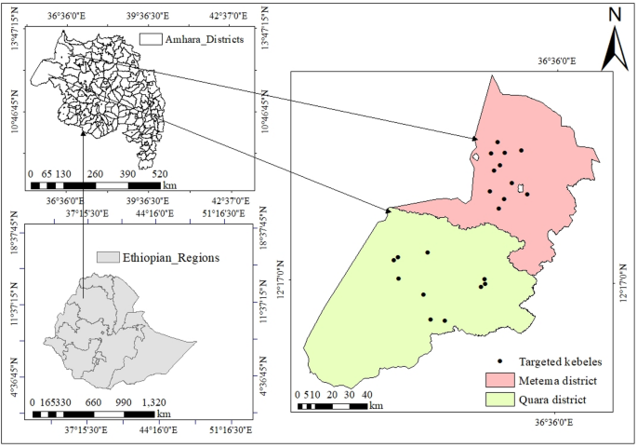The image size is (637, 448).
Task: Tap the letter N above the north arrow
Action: click(x=614, y=13)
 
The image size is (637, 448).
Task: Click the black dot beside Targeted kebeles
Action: click(x=500, y=361)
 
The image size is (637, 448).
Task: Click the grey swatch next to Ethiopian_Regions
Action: click(x=108, y=256)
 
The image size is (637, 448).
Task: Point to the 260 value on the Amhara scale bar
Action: click(x=95, y=174)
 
